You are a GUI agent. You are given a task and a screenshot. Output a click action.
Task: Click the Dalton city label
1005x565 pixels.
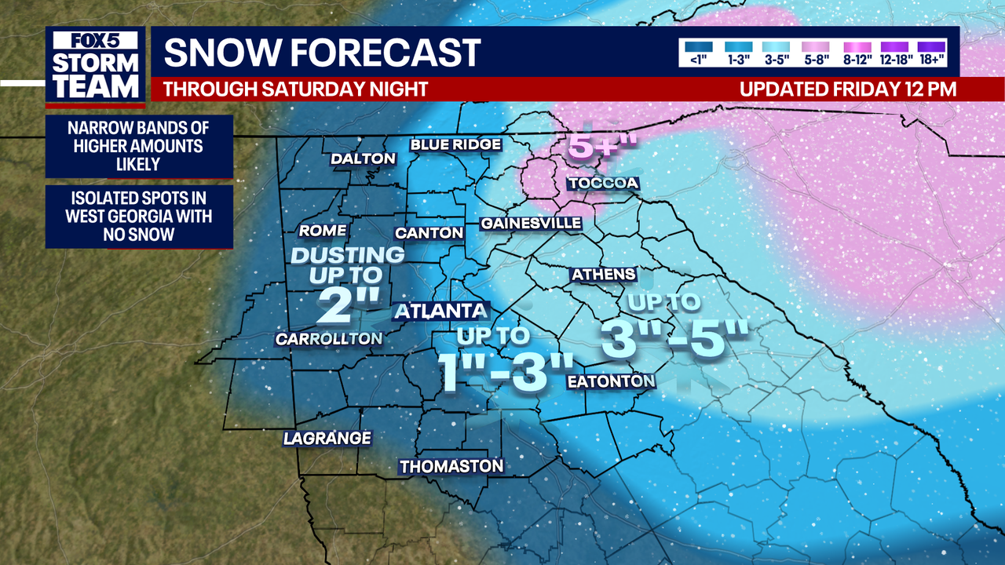(x=363, y=159)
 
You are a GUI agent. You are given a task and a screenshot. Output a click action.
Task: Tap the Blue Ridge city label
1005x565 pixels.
(x=455, y=144)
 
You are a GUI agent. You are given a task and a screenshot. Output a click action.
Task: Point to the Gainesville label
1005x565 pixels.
(x=532, y=224)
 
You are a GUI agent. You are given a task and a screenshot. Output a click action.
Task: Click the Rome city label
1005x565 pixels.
(x=323, y=231)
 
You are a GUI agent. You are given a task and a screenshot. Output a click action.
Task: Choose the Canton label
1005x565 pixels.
(x=429, y=233)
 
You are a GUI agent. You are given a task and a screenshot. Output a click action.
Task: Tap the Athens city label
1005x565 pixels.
(x=603, y=275)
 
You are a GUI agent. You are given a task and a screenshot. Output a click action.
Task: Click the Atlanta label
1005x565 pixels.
(x=440, y=311)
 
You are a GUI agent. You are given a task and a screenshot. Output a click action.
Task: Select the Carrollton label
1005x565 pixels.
(x=329, y=339)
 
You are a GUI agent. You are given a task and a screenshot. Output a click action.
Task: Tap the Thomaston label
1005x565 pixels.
(x=451, y=466)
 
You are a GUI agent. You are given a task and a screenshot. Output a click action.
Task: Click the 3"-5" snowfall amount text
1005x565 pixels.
(x=673, y=339)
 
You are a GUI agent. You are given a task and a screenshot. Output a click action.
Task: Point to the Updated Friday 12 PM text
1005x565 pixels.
(x=848, y=89)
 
